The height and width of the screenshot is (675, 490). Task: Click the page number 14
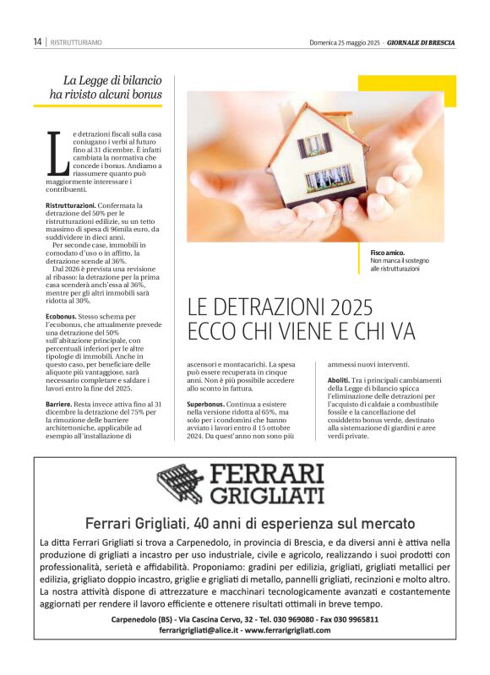click(38, 41)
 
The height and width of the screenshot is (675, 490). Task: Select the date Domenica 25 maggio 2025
click(343, 41)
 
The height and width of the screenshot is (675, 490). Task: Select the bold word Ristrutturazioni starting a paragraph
click(71, 205)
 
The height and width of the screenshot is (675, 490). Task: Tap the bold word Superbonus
click(205, 406)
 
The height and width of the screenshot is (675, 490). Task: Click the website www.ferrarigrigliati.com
click(287, 630)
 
